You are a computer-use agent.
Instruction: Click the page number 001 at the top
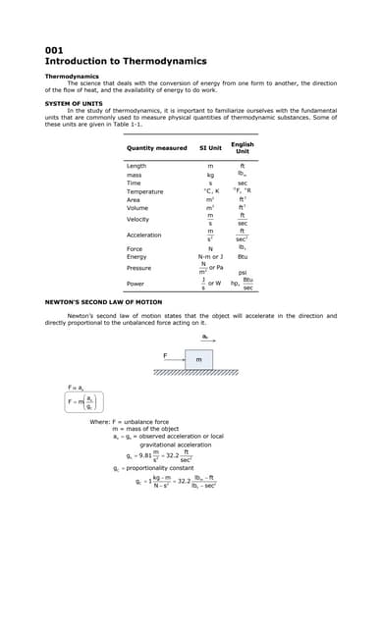pos(54,49)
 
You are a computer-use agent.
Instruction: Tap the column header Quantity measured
pos(156,148)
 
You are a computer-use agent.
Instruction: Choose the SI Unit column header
pos(209,148)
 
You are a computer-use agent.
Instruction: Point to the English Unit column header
pos(242,148)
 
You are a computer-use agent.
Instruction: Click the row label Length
pos(136,166)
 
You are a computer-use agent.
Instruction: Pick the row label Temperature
pos(144,190)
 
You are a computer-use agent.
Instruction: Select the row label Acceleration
pos(144,235)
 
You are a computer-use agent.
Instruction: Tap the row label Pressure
pos(139,267)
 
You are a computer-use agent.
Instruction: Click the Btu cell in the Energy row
pos(243,256)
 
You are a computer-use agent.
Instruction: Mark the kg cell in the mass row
pos(210,175)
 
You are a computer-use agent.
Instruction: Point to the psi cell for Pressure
pos(243,272)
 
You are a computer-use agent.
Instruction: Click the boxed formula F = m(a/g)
pos(84,401)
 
